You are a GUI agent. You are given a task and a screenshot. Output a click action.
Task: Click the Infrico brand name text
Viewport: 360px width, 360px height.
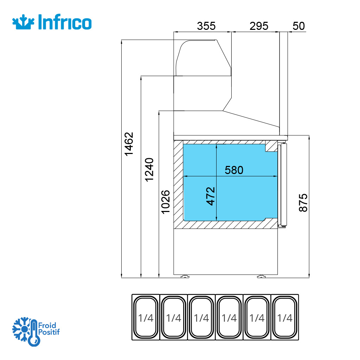65,22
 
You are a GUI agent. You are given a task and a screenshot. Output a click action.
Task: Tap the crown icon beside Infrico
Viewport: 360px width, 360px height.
24,22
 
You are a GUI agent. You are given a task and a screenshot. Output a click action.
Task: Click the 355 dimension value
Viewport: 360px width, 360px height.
206,26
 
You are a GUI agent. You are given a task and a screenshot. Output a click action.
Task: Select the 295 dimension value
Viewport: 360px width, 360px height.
259,26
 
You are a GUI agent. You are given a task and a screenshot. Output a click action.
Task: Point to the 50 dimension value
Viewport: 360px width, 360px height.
298,26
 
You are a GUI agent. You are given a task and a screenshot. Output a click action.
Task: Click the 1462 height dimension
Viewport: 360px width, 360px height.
129,144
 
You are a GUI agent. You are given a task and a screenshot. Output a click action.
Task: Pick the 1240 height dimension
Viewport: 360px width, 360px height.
149,170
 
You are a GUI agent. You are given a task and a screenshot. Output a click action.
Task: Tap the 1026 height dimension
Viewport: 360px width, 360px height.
166,202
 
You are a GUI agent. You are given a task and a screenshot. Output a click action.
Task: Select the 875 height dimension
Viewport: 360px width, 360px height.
303,202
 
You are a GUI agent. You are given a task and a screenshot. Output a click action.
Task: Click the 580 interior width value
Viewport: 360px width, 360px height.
234,170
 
